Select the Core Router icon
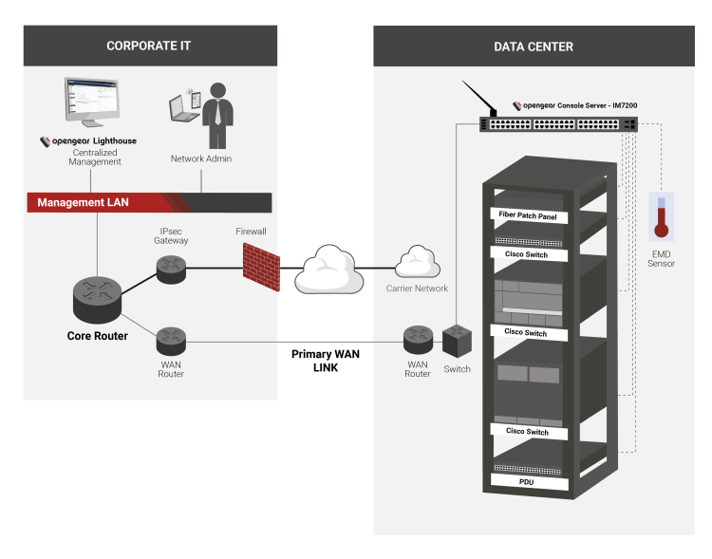[x=97, y=301]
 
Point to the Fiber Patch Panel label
[x=534, y=216]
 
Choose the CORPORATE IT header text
[x=150, y=46]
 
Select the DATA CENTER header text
[x=534, y=47]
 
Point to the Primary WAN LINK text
[x=326, y=360]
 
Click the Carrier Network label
[x=417, y=288]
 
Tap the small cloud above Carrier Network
[x=416, y=261]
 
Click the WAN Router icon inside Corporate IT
[x=171, y=338]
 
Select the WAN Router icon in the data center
[x=418, y=338]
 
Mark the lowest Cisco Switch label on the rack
[x=527, y=431]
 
